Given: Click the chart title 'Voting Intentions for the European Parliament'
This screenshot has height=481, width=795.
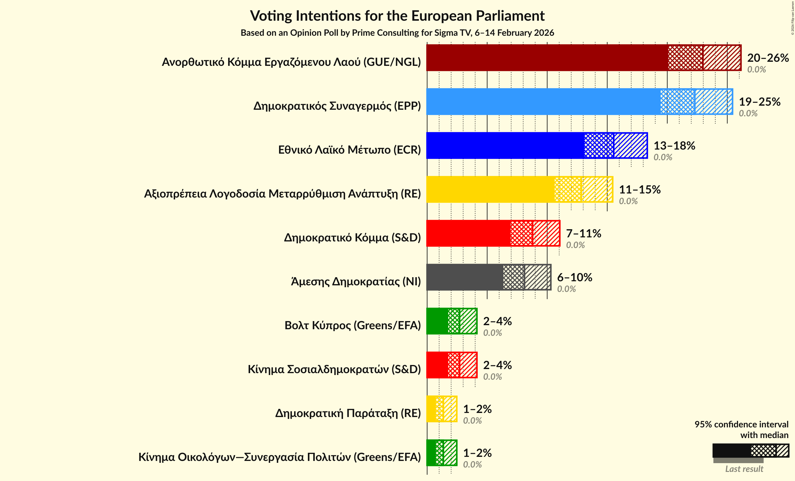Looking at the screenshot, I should click(397, 16).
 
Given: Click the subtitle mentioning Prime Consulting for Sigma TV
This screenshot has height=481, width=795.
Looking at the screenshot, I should click(397, 33).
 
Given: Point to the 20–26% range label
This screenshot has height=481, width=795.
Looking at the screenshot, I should click(768, 58).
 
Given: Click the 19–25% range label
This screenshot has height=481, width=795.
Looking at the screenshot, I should click(759, 102).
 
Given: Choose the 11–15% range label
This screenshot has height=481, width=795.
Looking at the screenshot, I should click(640, 190).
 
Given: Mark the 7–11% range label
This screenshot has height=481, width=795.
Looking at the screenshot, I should click(583, 233).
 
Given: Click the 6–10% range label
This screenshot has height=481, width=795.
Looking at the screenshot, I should click(574, 277).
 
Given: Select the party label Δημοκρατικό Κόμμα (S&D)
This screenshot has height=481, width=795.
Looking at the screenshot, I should click(352, 238).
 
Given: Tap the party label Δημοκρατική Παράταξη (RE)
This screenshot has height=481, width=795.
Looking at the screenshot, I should click(348, 413).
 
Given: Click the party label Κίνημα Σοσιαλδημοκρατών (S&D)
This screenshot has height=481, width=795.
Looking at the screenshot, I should click(334, 369).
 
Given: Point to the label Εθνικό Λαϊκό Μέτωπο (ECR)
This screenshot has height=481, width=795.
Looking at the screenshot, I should click(349, 150).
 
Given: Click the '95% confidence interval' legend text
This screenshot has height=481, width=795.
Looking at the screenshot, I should click(741, 424).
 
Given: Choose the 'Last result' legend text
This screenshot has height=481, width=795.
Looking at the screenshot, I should click(744, 469).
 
